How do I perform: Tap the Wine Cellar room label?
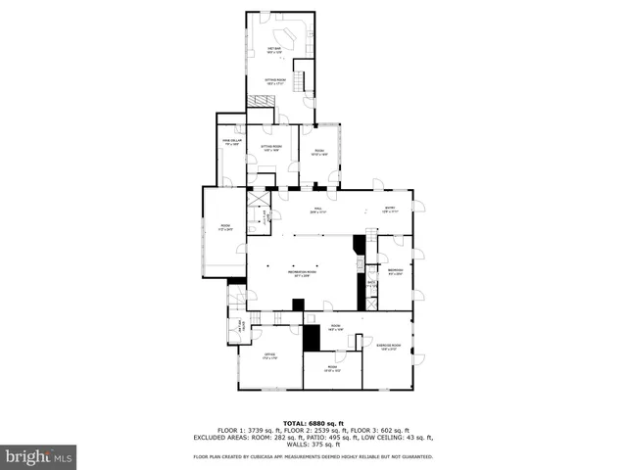231,143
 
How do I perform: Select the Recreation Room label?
303,273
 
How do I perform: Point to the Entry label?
389,209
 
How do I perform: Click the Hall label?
316,210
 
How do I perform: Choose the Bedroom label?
396,271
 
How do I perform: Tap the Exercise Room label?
389,347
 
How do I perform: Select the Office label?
269,355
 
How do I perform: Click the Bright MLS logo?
39,455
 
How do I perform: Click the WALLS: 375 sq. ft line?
313,444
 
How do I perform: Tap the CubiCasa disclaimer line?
313,456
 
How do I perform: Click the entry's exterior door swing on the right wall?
418,206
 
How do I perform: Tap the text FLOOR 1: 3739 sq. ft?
241,430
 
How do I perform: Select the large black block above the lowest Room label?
312,337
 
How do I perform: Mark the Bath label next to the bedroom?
371,284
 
